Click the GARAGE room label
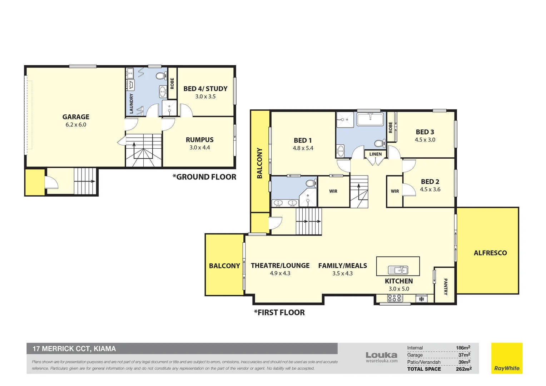coord(76,117)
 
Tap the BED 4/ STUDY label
coord(205,89)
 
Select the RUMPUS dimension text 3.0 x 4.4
coord(200,148)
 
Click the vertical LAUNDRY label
coord(131,104)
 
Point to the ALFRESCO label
coord(490,253)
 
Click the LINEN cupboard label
coord(375,154)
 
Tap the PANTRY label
coord(445,287)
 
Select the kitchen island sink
coord(398,270)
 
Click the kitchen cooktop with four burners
coord(394,298)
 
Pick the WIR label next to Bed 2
coord(394,191)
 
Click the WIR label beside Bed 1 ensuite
coord(333,191)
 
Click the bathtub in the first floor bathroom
coord(370,119)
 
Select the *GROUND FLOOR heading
coord(204,177)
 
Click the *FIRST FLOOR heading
coord(279,313)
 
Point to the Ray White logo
coord(507,358)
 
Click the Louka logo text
coord(381,355)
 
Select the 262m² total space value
coord(463,369)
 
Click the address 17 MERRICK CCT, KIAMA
coord(74,349)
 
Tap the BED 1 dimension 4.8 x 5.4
coord(303,148)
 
